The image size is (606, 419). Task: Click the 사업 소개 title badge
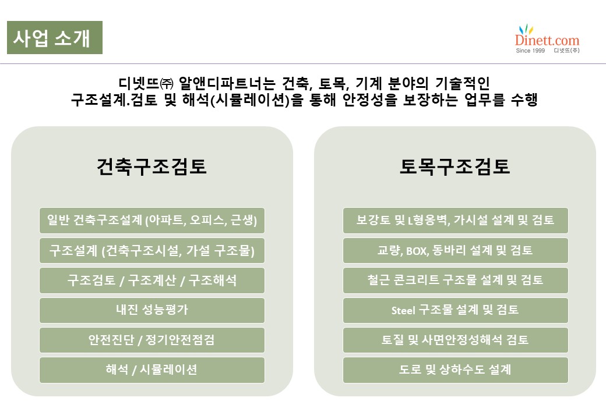coord(55,37)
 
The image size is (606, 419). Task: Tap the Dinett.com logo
coord(547,39)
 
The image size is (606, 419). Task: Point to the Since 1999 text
coord(530,51)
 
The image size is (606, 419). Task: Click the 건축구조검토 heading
coord(151,166)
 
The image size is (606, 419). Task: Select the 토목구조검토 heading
coord(455,166)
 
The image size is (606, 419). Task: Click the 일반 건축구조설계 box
coord(152,221)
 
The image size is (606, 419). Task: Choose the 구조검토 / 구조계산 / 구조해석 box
coord(152,280)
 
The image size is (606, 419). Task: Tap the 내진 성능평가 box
coord(152,310)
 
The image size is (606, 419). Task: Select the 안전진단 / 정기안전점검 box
coord(152,340)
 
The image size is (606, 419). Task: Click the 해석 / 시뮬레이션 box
coord(152,370)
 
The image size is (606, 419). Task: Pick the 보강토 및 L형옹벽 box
coord(455,221)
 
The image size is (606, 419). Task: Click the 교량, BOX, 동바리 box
coord(455,250)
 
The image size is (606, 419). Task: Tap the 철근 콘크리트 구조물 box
coord(455,280)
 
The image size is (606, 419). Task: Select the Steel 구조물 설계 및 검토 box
coord(455,310)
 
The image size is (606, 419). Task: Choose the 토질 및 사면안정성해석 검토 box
coord(455,340)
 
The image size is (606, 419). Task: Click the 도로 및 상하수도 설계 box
coord(455,370)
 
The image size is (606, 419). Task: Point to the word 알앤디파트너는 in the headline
coord(227,83)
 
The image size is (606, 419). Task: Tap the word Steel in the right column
coord(403,310)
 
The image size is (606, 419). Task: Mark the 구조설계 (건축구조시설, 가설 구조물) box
coord(152,250)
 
